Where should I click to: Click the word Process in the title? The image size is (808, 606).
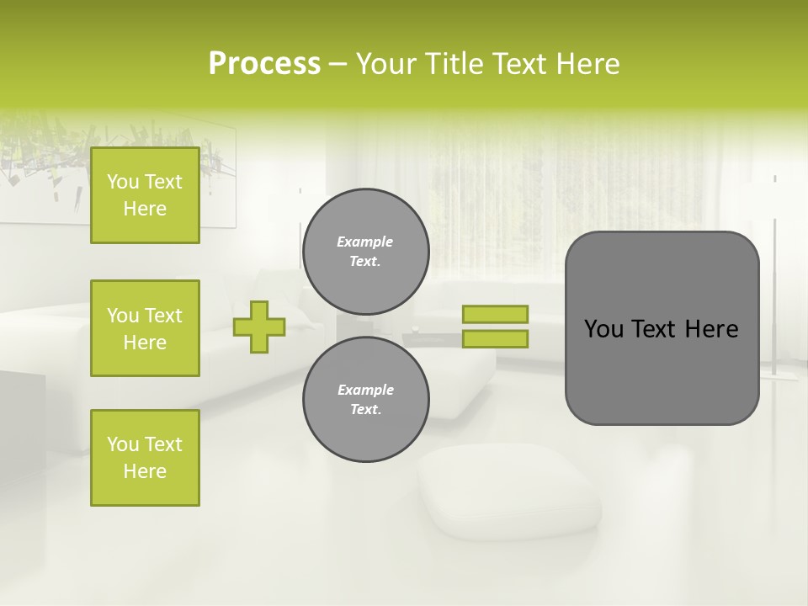point(264,64)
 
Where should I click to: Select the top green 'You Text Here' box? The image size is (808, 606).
point(145,195)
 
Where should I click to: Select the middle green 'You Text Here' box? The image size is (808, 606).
point(145,328)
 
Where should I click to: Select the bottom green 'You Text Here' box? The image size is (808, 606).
point(145,458)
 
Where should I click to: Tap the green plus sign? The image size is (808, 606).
point(259,327)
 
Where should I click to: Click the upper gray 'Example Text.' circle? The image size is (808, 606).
point(366,252)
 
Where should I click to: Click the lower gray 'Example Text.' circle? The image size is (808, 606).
point(366,400)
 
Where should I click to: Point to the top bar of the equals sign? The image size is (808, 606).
point(495,315)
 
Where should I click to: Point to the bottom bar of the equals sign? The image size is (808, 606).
point(495,339)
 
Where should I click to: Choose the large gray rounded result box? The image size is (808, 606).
point(662,370)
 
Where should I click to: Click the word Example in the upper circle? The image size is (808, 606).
point(365,242)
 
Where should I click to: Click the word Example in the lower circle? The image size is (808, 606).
point(365,390)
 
